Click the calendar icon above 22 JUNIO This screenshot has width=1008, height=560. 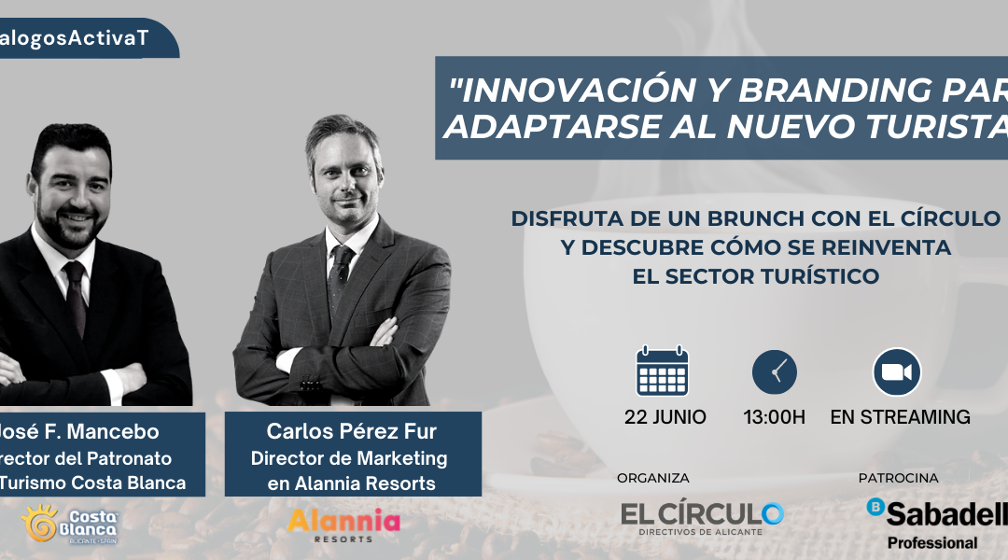662,371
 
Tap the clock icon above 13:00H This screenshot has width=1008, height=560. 774,371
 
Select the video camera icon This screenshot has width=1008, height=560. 896,371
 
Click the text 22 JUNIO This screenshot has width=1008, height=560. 665,417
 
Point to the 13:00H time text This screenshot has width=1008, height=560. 774,417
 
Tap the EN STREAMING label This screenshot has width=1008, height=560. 900,417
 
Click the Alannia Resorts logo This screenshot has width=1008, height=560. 343,525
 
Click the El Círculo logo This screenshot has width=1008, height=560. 702,516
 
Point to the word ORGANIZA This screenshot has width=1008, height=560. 652,478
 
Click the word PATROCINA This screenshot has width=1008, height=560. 898,478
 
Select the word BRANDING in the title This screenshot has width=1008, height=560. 833,91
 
